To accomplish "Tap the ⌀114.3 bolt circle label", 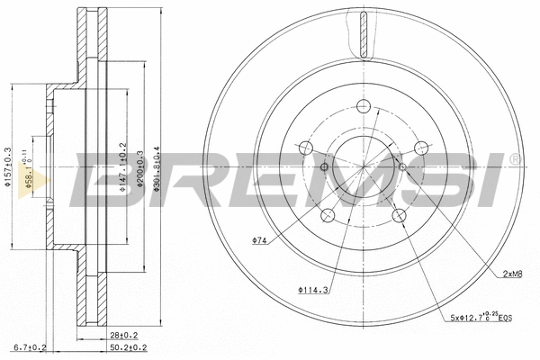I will pyautogui.click(x=311, y=289).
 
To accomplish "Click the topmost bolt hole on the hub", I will pyautogui.click(x=364, y=106).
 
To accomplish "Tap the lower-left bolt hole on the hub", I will pyautogui.click(x=329, y=214).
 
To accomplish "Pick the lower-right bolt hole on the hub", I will pyautogui.click(x=399, y=214).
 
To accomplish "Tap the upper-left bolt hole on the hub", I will pyautogui.click(x=308, y=148).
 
